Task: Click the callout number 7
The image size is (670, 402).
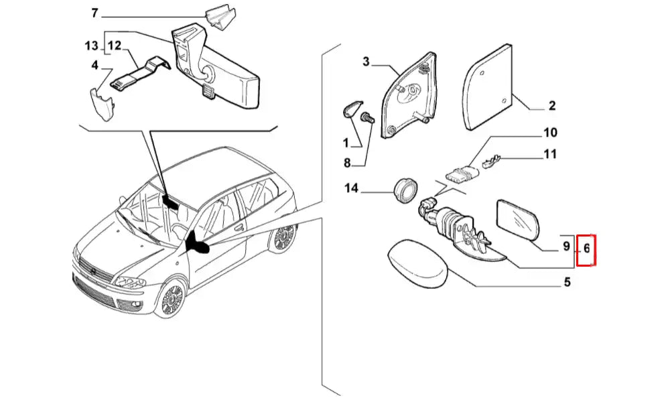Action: (x=94, y=13)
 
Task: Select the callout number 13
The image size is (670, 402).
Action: (x=91, y=46)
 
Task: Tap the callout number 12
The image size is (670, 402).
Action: (x=115, y=46)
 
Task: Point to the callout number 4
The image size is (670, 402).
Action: (x=94, y=65)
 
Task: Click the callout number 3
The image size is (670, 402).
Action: (x=366, y=62)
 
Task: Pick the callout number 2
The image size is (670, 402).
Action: (x=552, y=106)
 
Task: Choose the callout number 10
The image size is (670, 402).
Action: (x=550, y=133)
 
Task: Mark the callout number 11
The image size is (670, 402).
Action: (x=550, y=155)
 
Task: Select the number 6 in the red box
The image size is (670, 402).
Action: (x=586, y=248)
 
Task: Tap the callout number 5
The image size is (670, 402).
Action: (x=566, y=283)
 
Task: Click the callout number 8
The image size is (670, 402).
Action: (x=347, y=163)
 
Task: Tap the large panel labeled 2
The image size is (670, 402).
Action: (x=486, y=87)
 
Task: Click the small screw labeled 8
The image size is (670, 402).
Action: (x=366, y=121)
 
